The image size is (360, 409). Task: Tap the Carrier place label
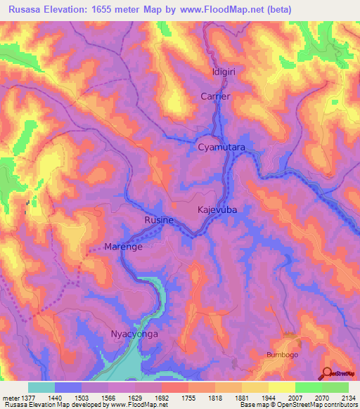(215, 96)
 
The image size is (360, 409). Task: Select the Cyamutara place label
(221, 148)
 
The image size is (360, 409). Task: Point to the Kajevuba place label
(217, 210)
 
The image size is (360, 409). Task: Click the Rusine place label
(159, 221)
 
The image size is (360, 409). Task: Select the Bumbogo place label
(283, 356)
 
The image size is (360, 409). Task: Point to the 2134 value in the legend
(348, 398)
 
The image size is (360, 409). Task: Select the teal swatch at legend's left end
(41, 387)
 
